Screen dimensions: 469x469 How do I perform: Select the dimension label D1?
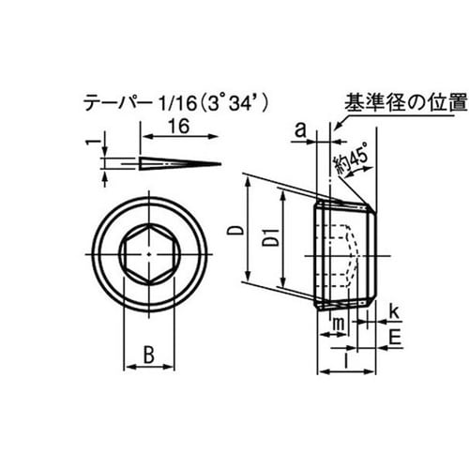pos(269,241)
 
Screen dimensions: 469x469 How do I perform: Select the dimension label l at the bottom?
pos(347,357)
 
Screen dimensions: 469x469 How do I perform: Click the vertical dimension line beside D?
pos(248,230)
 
